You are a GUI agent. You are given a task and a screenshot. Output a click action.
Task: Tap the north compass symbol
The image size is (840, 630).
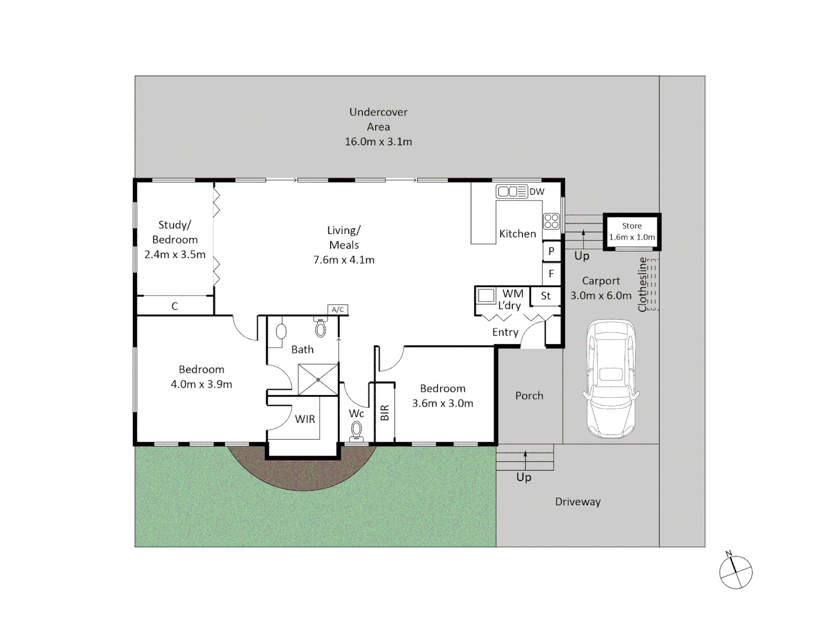point(736,572)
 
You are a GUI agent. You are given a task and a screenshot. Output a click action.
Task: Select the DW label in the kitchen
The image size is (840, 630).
point(537,191)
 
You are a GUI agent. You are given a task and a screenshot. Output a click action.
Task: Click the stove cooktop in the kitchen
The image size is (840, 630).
point(551,221)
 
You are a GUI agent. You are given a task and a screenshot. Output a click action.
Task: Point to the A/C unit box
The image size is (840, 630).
point(338,310)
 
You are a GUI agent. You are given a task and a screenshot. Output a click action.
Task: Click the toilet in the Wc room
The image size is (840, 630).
point(356,431)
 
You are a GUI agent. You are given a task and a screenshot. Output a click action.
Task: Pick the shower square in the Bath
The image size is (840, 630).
point(318,380)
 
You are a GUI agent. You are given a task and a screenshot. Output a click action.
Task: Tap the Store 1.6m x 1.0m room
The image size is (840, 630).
point(632,232)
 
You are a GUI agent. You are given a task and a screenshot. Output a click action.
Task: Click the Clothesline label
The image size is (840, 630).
point(643,285)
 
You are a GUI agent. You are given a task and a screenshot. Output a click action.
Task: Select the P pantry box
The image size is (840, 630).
point(551,251)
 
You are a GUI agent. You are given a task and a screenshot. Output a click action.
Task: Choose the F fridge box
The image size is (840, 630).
point(551,274)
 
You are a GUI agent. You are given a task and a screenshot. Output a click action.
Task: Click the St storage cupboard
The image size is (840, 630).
point(545,296)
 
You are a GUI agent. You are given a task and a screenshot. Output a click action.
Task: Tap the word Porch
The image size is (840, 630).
point(529,395)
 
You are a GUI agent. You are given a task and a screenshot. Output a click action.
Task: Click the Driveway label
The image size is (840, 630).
point(577,502)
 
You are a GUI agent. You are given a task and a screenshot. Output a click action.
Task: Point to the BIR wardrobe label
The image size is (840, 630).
point(384,413)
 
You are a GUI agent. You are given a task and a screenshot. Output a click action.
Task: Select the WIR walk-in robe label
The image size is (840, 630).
point(304,419)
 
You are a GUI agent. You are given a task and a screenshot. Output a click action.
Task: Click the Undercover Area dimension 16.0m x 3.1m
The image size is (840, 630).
point(378,142)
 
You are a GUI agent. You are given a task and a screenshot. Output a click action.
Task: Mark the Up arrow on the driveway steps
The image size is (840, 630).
point(525,459)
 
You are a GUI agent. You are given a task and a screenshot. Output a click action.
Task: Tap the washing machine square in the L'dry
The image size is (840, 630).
point(486,296)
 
